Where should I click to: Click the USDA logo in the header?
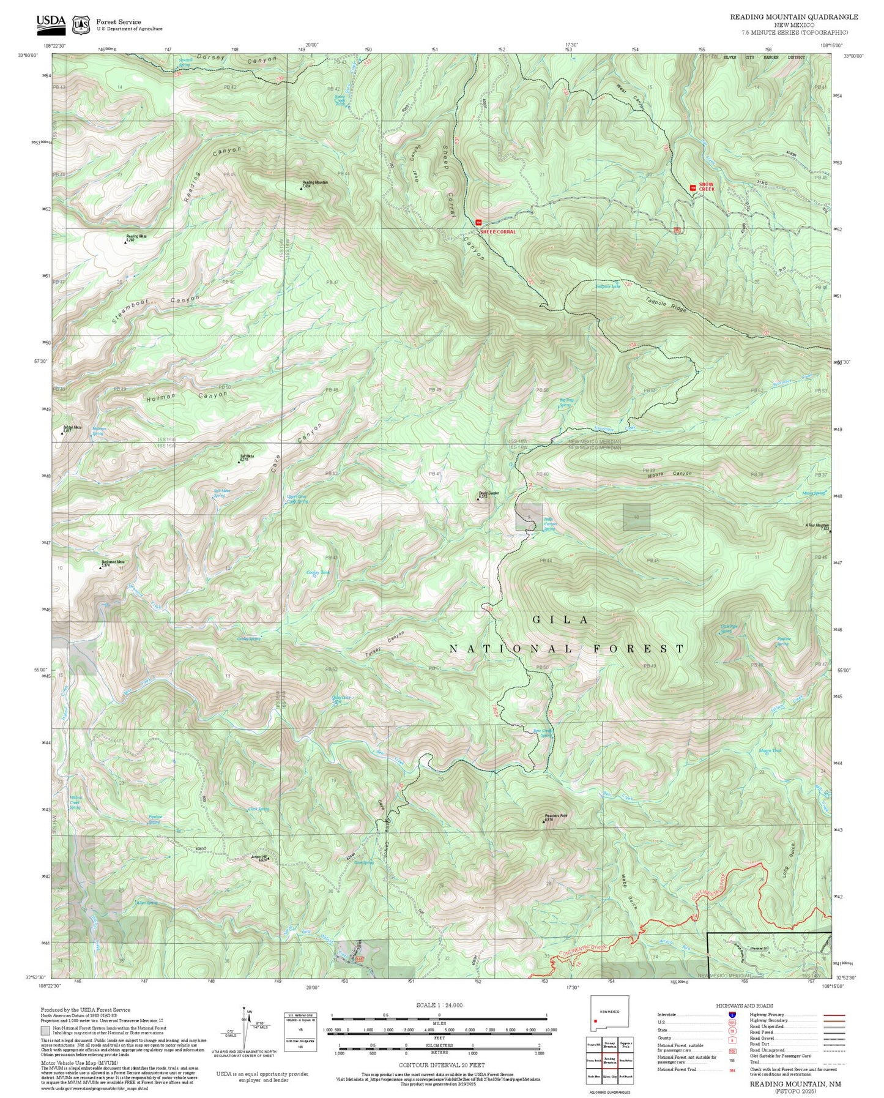51,23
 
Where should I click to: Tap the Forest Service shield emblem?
81,25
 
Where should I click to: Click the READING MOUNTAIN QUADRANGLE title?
793,17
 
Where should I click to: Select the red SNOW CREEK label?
706,187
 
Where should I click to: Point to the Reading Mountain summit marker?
301,189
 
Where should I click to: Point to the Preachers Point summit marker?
543,821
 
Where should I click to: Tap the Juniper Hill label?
258,856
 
